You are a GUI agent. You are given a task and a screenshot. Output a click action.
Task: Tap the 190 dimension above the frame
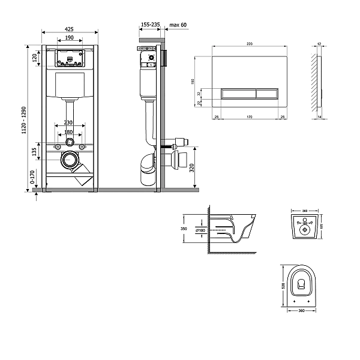[x=70, y=38]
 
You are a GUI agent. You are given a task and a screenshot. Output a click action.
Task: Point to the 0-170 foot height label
[x=32, y=177]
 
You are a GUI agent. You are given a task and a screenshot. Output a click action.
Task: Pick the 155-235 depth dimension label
[x=149, y=25]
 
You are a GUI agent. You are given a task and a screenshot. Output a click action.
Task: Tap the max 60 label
[x=179, y=25]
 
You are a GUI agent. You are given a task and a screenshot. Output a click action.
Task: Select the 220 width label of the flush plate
[x=248, y=44]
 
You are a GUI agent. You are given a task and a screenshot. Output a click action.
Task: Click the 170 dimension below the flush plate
[x=248, y=117]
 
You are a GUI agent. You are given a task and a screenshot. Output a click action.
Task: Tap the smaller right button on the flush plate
[x=267, y=93]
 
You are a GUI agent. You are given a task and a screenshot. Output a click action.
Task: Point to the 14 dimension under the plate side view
[x=320, y=117]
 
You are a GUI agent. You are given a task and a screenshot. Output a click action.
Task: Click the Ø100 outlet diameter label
[x=202, y=230]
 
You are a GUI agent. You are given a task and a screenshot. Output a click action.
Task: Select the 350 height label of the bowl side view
[x=184, y=228]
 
